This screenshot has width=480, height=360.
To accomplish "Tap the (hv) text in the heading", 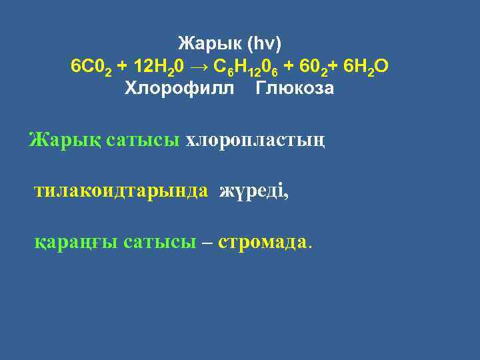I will point(265,45).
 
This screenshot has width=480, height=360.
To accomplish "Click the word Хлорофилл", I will point(180,89).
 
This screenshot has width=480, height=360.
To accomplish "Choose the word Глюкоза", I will point(295,89).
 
